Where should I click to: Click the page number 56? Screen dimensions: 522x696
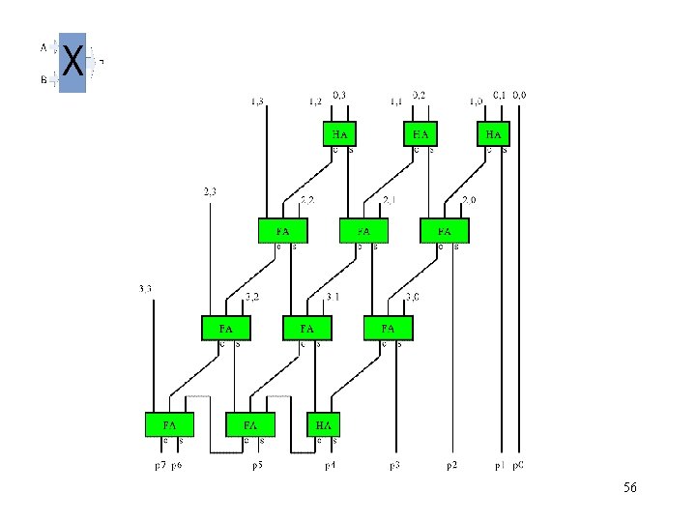[629, 487]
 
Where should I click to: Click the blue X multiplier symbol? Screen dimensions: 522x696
[72, 62]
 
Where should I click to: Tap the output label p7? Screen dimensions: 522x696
[161, 466]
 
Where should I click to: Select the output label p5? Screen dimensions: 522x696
[259, 466]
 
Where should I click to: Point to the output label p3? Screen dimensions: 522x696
[394, 466]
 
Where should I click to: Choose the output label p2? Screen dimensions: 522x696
[451, 466]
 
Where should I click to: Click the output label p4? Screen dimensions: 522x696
[329, 466]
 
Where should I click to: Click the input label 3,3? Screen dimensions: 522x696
[146, 288]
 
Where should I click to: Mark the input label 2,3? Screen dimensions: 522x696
[210, 190]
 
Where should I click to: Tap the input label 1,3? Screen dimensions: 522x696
[257, 101]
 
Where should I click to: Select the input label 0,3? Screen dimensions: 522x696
[339, 95]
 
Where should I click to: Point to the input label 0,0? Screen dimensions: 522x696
[519, 95]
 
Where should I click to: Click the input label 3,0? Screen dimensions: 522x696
[412, 296]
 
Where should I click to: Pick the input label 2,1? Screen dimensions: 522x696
[390, 200]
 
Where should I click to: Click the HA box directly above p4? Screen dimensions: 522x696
[323, 424]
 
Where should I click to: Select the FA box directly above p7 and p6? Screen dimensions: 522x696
[169, 424]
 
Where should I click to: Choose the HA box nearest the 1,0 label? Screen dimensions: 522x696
[494, 133]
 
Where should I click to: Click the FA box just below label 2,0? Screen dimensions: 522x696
[444, 231]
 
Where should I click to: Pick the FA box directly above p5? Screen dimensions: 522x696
[250, 424]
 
